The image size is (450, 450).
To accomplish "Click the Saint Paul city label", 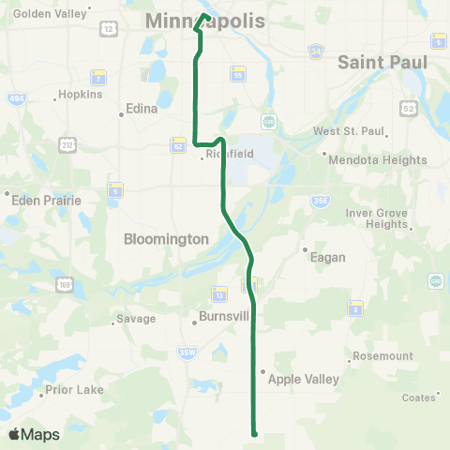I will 382,62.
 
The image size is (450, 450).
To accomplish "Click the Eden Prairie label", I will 46,200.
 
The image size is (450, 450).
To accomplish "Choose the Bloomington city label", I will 166,239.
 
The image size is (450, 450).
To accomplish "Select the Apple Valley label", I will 304,380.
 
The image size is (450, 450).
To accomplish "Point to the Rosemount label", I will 382,356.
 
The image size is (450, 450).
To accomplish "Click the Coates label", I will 418,397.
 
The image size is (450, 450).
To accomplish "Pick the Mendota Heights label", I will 378,159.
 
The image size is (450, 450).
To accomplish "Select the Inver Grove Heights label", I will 377,218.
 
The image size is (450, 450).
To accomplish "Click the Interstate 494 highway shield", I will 16,98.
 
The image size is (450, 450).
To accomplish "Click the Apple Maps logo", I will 34,434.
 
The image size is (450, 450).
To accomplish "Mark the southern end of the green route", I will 254,432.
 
